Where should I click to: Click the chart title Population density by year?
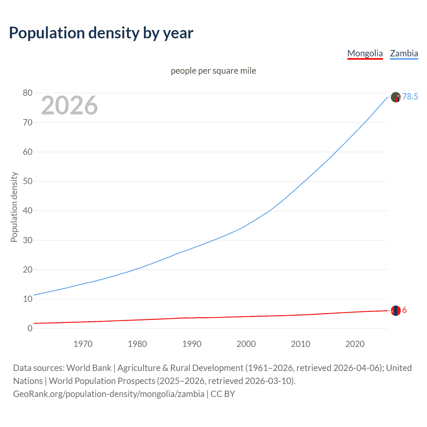tap(101, 33)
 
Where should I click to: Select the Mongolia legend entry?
tap(365, 53)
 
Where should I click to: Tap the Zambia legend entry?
tap(404, 53)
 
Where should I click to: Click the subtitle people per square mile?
tap(213, 71)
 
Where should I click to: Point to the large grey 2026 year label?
tap(69, 105)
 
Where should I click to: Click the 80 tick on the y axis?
tap(28, 93)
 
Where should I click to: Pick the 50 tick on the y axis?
tap(28, 181)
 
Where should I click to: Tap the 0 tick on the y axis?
tap(30, 328)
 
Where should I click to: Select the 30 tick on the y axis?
tap(28, 240)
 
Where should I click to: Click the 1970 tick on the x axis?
tap(83, 344)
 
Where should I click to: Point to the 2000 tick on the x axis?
tap(246, 344)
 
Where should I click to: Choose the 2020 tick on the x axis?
tap(355, 344)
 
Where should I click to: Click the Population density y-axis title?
tap(14, 207)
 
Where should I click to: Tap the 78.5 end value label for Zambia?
tap(410, 96)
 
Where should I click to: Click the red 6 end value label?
tap(404, 310)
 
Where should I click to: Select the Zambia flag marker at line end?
tap(396, 97)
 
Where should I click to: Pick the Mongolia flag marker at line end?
tap(396, 311)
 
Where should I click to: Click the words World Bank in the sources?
tap(89, 368)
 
